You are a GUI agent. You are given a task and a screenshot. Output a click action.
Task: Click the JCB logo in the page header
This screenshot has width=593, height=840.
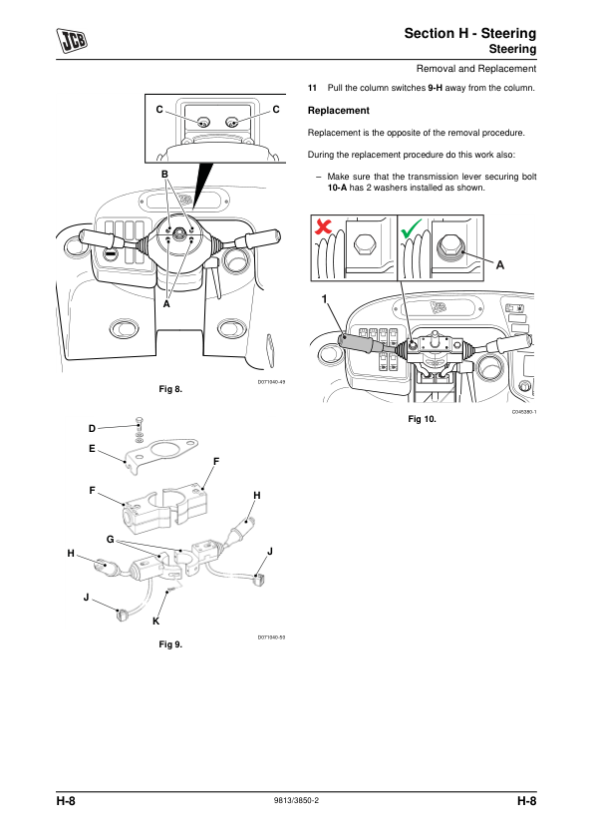[x=72, y=41]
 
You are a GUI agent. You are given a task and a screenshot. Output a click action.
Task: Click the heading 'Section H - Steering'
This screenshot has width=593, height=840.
[x=469, y=33]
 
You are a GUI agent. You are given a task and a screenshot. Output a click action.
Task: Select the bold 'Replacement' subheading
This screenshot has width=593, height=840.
[x=338, y=111]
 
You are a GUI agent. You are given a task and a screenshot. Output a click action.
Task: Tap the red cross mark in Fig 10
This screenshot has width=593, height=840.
[x=323, y=225]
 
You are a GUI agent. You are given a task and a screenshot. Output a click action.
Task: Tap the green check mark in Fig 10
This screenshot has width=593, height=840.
[x=411, y=227]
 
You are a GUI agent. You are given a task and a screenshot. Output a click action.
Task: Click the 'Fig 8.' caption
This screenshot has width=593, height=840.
[x=170, y=389]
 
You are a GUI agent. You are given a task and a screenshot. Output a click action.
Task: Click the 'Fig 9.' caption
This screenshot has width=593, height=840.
[x=170, y=644]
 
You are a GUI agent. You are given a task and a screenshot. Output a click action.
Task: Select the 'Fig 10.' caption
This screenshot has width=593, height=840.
[x=422, y=419]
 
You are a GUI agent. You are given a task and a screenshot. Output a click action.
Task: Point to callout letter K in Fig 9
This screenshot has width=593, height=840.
[x=155, y=622]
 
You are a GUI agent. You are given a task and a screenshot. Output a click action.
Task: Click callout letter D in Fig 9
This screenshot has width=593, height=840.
[x=92, y=429]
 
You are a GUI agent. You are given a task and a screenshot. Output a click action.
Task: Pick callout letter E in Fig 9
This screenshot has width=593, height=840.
[x=92, y=448]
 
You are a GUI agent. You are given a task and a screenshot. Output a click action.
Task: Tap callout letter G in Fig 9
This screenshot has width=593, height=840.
[x=111, y=539]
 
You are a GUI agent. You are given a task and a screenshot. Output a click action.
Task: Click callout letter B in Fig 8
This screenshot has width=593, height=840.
[x=164, y=175]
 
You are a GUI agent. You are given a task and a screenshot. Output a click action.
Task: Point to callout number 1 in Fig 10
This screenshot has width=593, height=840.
[x=324, y=299]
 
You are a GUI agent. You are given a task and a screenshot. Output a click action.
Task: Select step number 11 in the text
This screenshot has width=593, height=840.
[x=312, y=88]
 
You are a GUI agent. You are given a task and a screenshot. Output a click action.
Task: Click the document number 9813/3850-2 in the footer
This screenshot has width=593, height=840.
[x=296, y=800]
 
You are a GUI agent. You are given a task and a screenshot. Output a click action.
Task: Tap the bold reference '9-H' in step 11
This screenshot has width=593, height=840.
[x=436, y=88]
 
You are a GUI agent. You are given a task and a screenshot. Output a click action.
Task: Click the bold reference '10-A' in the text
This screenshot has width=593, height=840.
[x=337, y=188]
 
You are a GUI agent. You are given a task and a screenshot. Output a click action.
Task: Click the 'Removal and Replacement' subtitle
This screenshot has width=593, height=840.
[x=476, y=69]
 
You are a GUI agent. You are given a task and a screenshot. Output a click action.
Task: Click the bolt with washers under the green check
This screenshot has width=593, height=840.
[x=449, y=248]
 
